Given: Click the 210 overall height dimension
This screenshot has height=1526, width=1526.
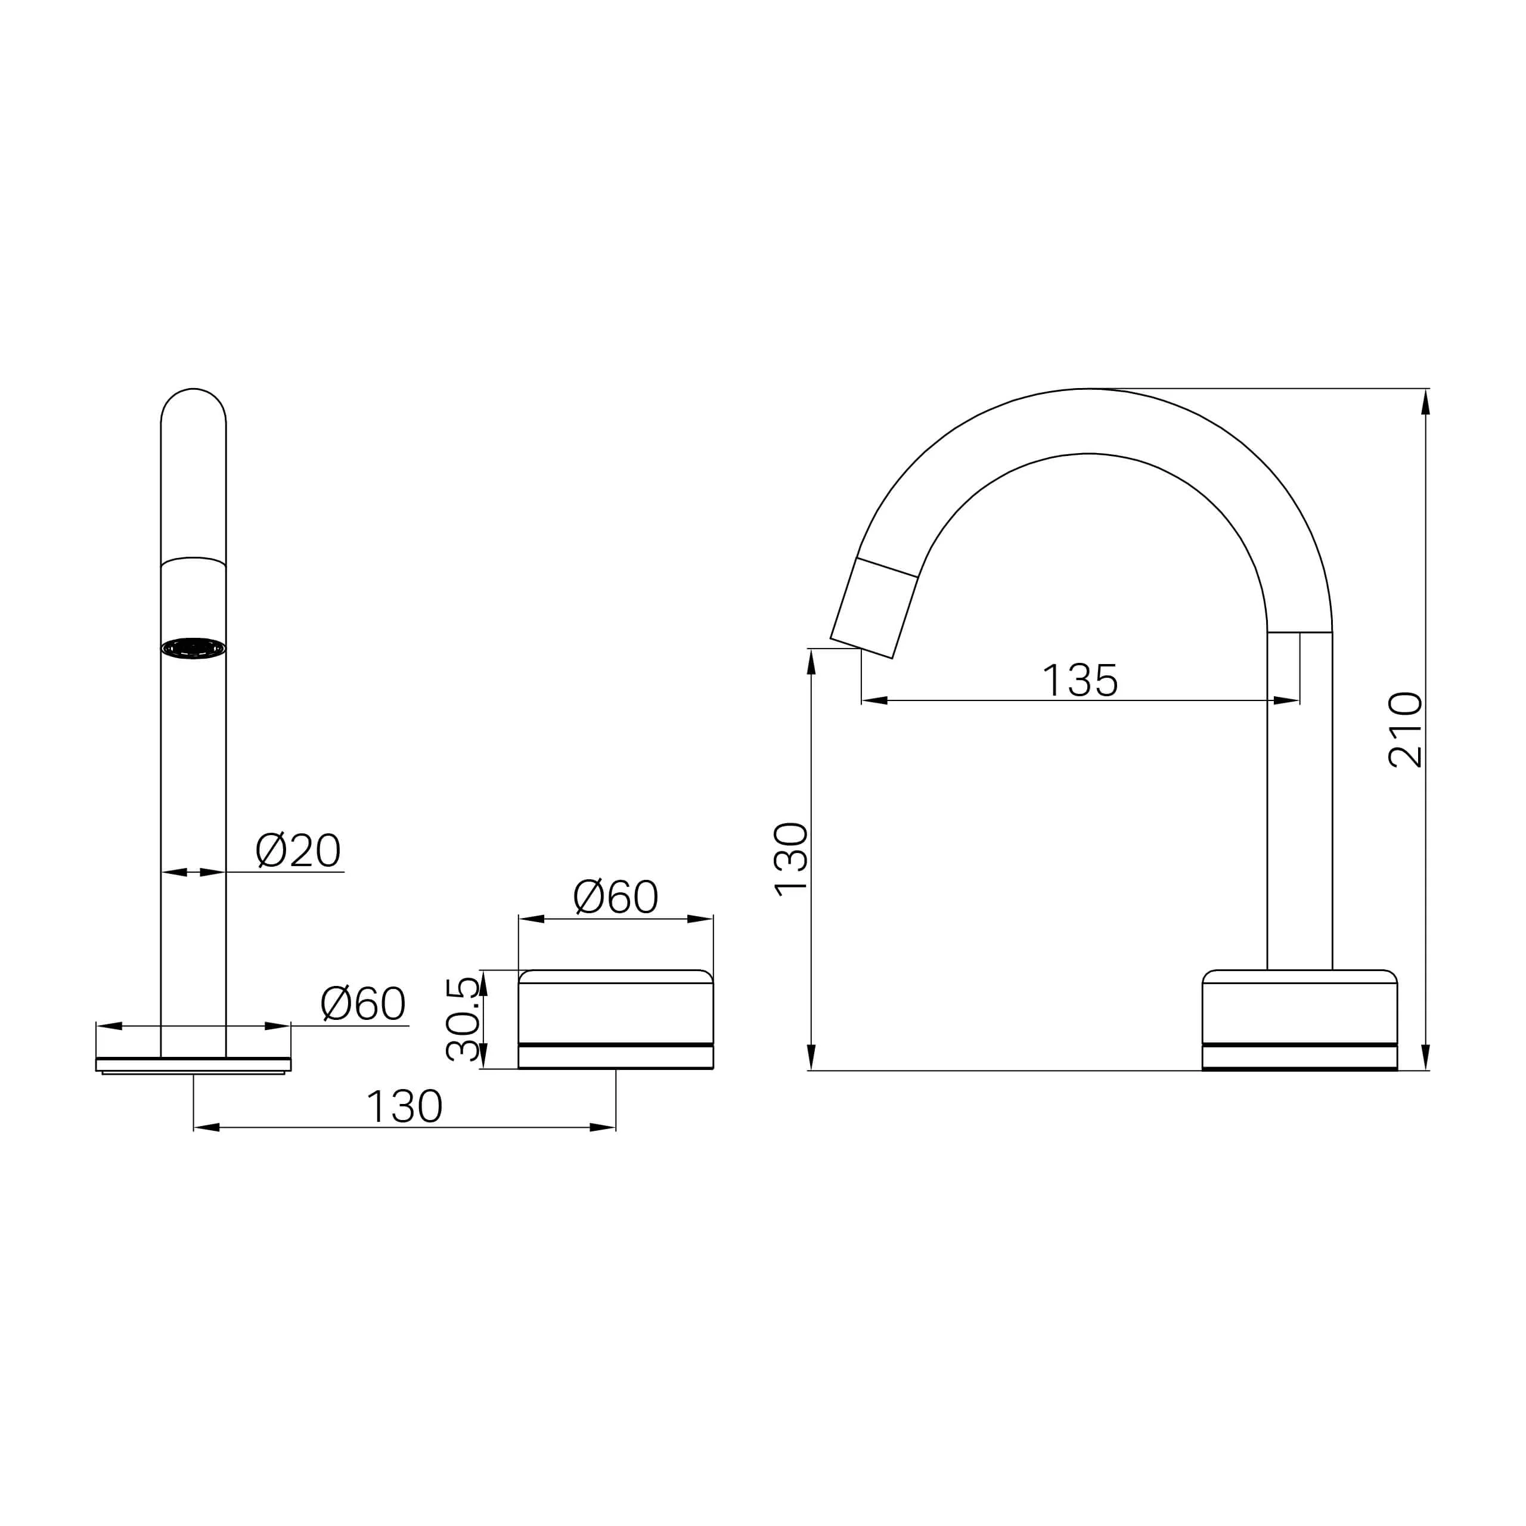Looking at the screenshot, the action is (x=1405, y=730).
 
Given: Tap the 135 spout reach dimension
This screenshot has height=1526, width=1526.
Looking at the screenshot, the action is (x=1080, y=680).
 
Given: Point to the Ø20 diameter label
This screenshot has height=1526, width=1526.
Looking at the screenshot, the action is (x=298, y=851).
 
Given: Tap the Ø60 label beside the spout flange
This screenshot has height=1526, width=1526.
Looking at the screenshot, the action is (x=362, y=1004).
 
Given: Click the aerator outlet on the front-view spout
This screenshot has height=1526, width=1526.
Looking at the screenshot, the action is (x=194, y=648).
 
